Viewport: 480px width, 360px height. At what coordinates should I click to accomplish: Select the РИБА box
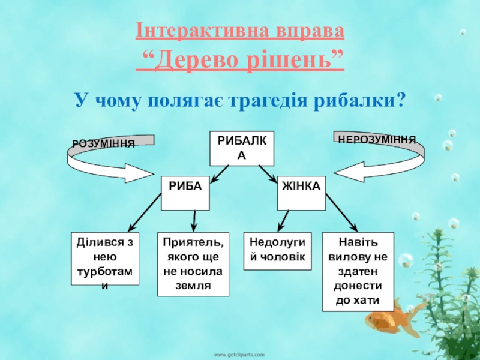[185, 193]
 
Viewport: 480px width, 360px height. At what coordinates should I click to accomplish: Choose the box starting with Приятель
[193, 264]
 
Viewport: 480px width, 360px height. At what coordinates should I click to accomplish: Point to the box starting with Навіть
[358, 271]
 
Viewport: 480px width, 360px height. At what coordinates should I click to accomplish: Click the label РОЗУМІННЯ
[103, 143]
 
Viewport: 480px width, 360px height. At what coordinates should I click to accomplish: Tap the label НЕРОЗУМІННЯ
[377, 139]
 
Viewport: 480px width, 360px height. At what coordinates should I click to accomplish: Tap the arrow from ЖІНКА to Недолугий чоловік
[282, 221]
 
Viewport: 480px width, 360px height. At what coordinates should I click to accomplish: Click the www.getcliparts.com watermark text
[240, 355]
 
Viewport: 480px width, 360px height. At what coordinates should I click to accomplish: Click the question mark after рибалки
[400, 99]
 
